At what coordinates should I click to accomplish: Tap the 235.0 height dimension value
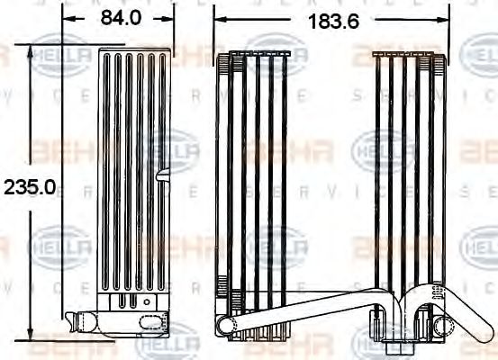tap(31, 187)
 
